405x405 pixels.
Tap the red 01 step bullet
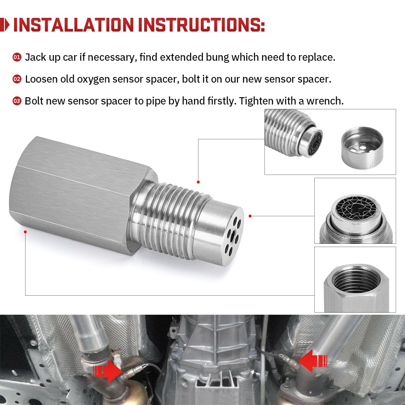click(x=17, y=57)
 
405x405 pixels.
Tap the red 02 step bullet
click(x=17, y=79)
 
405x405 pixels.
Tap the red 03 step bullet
click(x=17, y=101)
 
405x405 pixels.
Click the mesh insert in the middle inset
click(x=355, y=211)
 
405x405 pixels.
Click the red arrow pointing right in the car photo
click(x=107, y=370)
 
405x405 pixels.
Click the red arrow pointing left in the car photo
click(x=313, y=360)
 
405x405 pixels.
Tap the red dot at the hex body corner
click(x=26, y=232)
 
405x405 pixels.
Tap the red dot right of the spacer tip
click(x=250, y=216)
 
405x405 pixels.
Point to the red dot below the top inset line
click(x=198, y=182)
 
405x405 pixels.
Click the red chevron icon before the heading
click(x=5, y=25)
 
